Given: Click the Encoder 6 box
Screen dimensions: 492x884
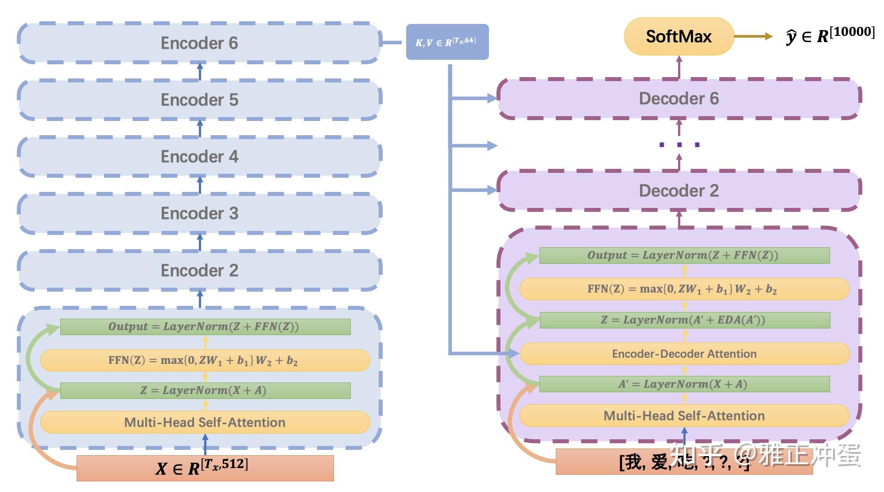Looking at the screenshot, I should [199, 43].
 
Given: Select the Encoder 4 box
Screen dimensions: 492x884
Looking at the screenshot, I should [199, 156].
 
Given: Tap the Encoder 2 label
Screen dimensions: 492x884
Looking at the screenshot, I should [199, 270].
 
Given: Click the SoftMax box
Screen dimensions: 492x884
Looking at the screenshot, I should [679, 36].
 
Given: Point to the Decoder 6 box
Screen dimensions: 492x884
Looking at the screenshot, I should [679, 98].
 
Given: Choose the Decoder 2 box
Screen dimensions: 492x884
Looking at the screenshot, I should [679, 191].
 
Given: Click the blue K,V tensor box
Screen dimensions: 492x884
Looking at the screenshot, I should [447, 42].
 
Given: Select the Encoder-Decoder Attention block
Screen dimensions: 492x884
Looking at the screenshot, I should [684, 354].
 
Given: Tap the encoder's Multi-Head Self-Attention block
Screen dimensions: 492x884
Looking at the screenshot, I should [205, 422].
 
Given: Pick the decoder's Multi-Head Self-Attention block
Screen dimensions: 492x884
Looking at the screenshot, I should [684, 416].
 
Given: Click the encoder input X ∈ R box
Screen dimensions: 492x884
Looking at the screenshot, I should [205, 468].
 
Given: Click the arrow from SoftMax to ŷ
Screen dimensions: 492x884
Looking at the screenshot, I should [753, 36].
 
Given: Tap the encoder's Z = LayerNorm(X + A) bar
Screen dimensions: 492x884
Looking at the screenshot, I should [205, 390].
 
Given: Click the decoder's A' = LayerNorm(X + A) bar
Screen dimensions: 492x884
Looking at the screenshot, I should [684, 384].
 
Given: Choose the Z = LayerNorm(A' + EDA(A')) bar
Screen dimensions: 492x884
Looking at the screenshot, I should [684, 320].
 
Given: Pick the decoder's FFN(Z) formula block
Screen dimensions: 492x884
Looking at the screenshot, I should [684, 289].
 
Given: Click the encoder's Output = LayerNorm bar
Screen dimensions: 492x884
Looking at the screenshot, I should [205, 327].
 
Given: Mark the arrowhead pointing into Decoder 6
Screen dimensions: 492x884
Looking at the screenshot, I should [492, 98].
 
